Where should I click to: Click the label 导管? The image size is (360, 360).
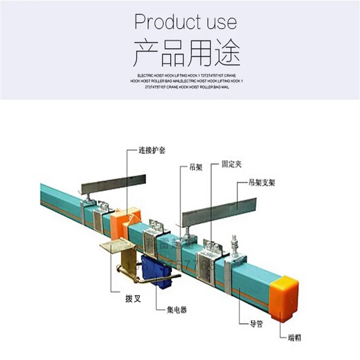257,323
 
